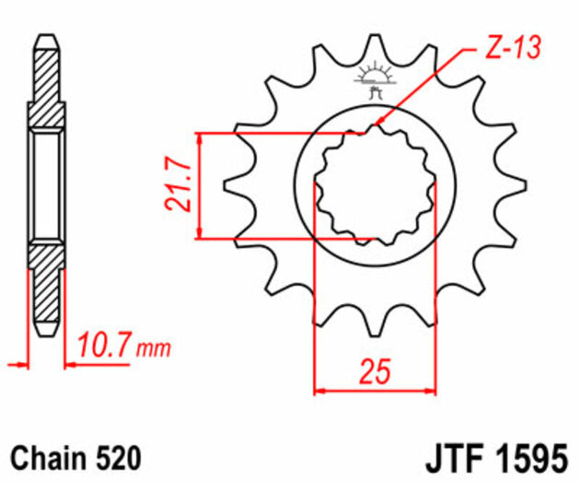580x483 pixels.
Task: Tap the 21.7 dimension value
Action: (x=181, y=188)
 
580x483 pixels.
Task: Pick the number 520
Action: (x=117, y=456)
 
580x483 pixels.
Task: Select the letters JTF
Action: (x=456, y=456)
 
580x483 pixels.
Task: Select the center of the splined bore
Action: (x=374, y=188)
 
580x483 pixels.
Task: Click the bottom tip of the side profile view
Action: (x=47, y=332)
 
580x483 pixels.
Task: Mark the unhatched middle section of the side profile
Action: (x=47, y=188)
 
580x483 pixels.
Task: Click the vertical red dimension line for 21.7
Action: (x=199, y=188)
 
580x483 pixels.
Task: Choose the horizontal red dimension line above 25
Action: (x=374, y=390)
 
